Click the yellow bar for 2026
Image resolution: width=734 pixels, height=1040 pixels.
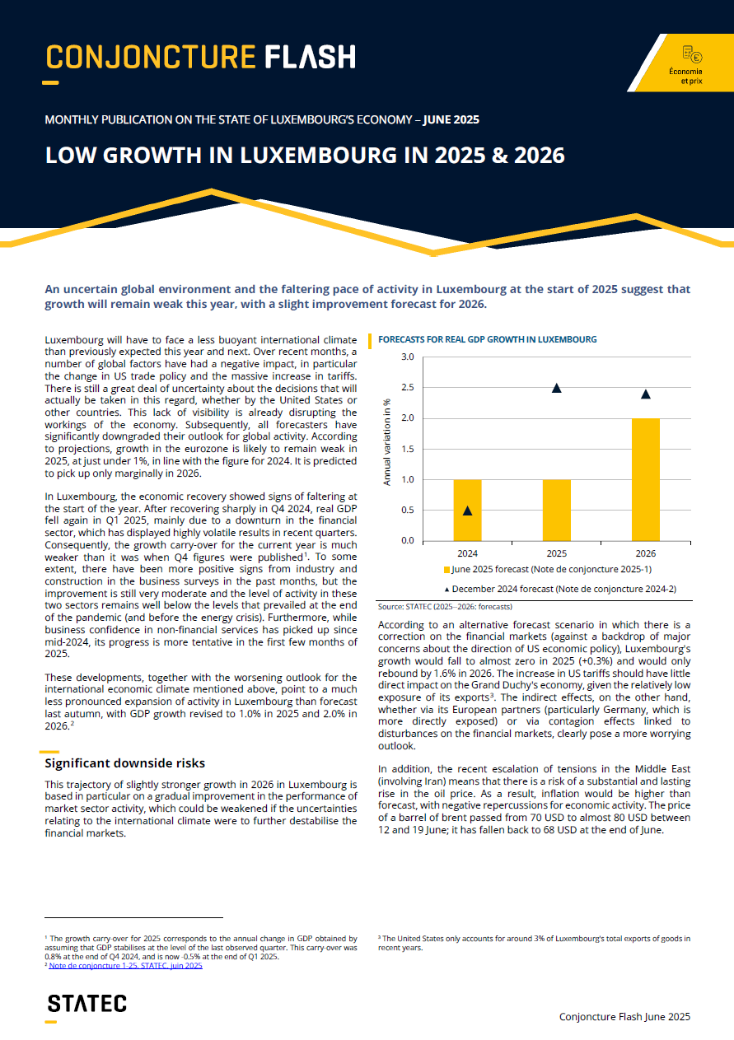pyautogui.click(x=645, y=479)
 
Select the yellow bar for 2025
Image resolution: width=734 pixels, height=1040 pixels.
pyautogui.click(x=557, y=511)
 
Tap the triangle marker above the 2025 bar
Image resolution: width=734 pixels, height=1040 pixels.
pyautogui.click(x=557, y=388)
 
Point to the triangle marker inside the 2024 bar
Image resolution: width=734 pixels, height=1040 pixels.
pyautogui.click(x=467, y=511)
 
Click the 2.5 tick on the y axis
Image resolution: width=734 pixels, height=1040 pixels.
pyautogui.click(x=408, y=387)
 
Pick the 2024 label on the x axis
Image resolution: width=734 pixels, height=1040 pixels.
pyautogui.click(x=467, y=553)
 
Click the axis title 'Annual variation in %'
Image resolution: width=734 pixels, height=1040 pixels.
pyautogui.click(x=386, y=442)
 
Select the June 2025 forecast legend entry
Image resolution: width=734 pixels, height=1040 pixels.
pyautogui.click(x=548, y=569)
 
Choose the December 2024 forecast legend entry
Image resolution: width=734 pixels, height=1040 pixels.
pyautogui.click(x=560, y=590)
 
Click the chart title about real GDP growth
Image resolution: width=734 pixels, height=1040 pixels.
pyautogui.click(x=488, y=339)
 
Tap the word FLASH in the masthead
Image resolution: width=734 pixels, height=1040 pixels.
pyautogui.click(x=311, y=57)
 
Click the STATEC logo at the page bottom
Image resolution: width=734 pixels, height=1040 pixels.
pyautogui.click(x=86, y=1004)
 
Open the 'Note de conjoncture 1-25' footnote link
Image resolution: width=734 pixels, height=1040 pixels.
pyautogui.click(x=125, y=966)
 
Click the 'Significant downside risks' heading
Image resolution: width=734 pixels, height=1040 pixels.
pyautogui.click(x=124, y=763)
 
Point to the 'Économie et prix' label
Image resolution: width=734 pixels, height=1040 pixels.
pyautogui.click(x=685, y=76)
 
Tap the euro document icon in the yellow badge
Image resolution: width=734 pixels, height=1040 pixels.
pyautogui.click(x=692, y=54)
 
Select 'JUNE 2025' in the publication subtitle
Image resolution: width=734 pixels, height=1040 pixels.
pyautogui.click(x=451, y=119)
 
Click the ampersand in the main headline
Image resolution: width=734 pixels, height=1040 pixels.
pyautogui.click(x=499, y=155)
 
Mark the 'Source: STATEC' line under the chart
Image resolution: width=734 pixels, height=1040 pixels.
pyautogui.click(x=445, y=607)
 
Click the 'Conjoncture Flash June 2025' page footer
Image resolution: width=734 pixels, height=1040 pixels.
pyautogui.click(x=624, y=1017)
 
